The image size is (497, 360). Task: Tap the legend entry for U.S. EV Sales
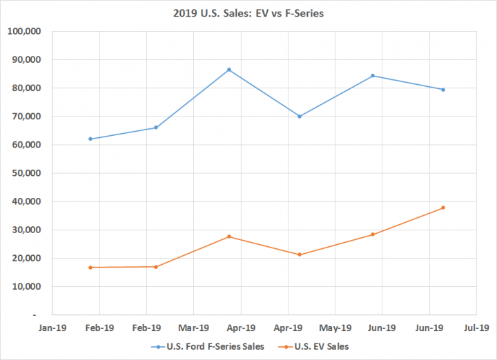point(318,346)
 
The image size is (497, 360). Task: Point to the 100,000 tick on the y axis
point(24,31)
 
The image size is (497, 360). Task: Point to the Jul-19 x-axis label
point(476,328)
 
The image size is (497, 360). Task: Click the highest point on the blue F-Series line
point(228,70)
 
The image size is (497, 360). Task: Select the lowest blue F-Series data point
point(90,139)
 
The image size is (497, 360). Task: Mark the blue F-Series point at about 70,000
point(300,116)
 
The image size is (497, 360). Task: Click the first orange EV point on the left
point(90,267)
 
